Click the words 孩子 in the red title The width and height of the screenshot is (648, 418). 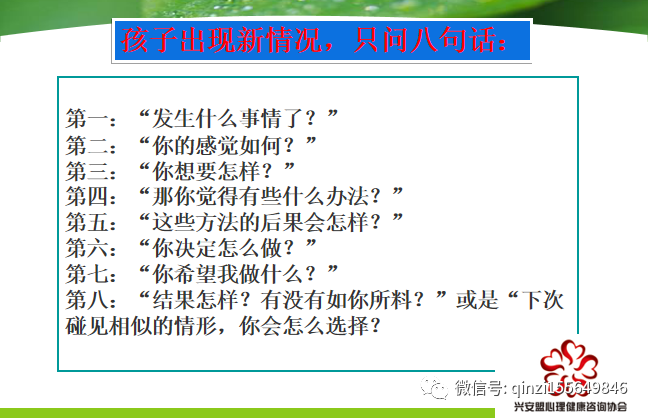(149, 41)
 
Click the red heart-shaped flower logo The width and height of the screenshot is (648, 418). (569, 363)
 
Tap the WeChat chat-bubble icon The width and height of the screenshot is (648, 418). (434, 388)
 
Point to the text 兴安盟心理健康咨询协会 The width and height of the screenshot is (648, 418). (570, 407)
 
